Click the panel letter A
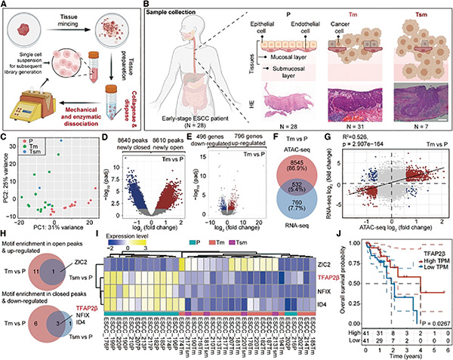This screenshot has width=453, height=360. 5,5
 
